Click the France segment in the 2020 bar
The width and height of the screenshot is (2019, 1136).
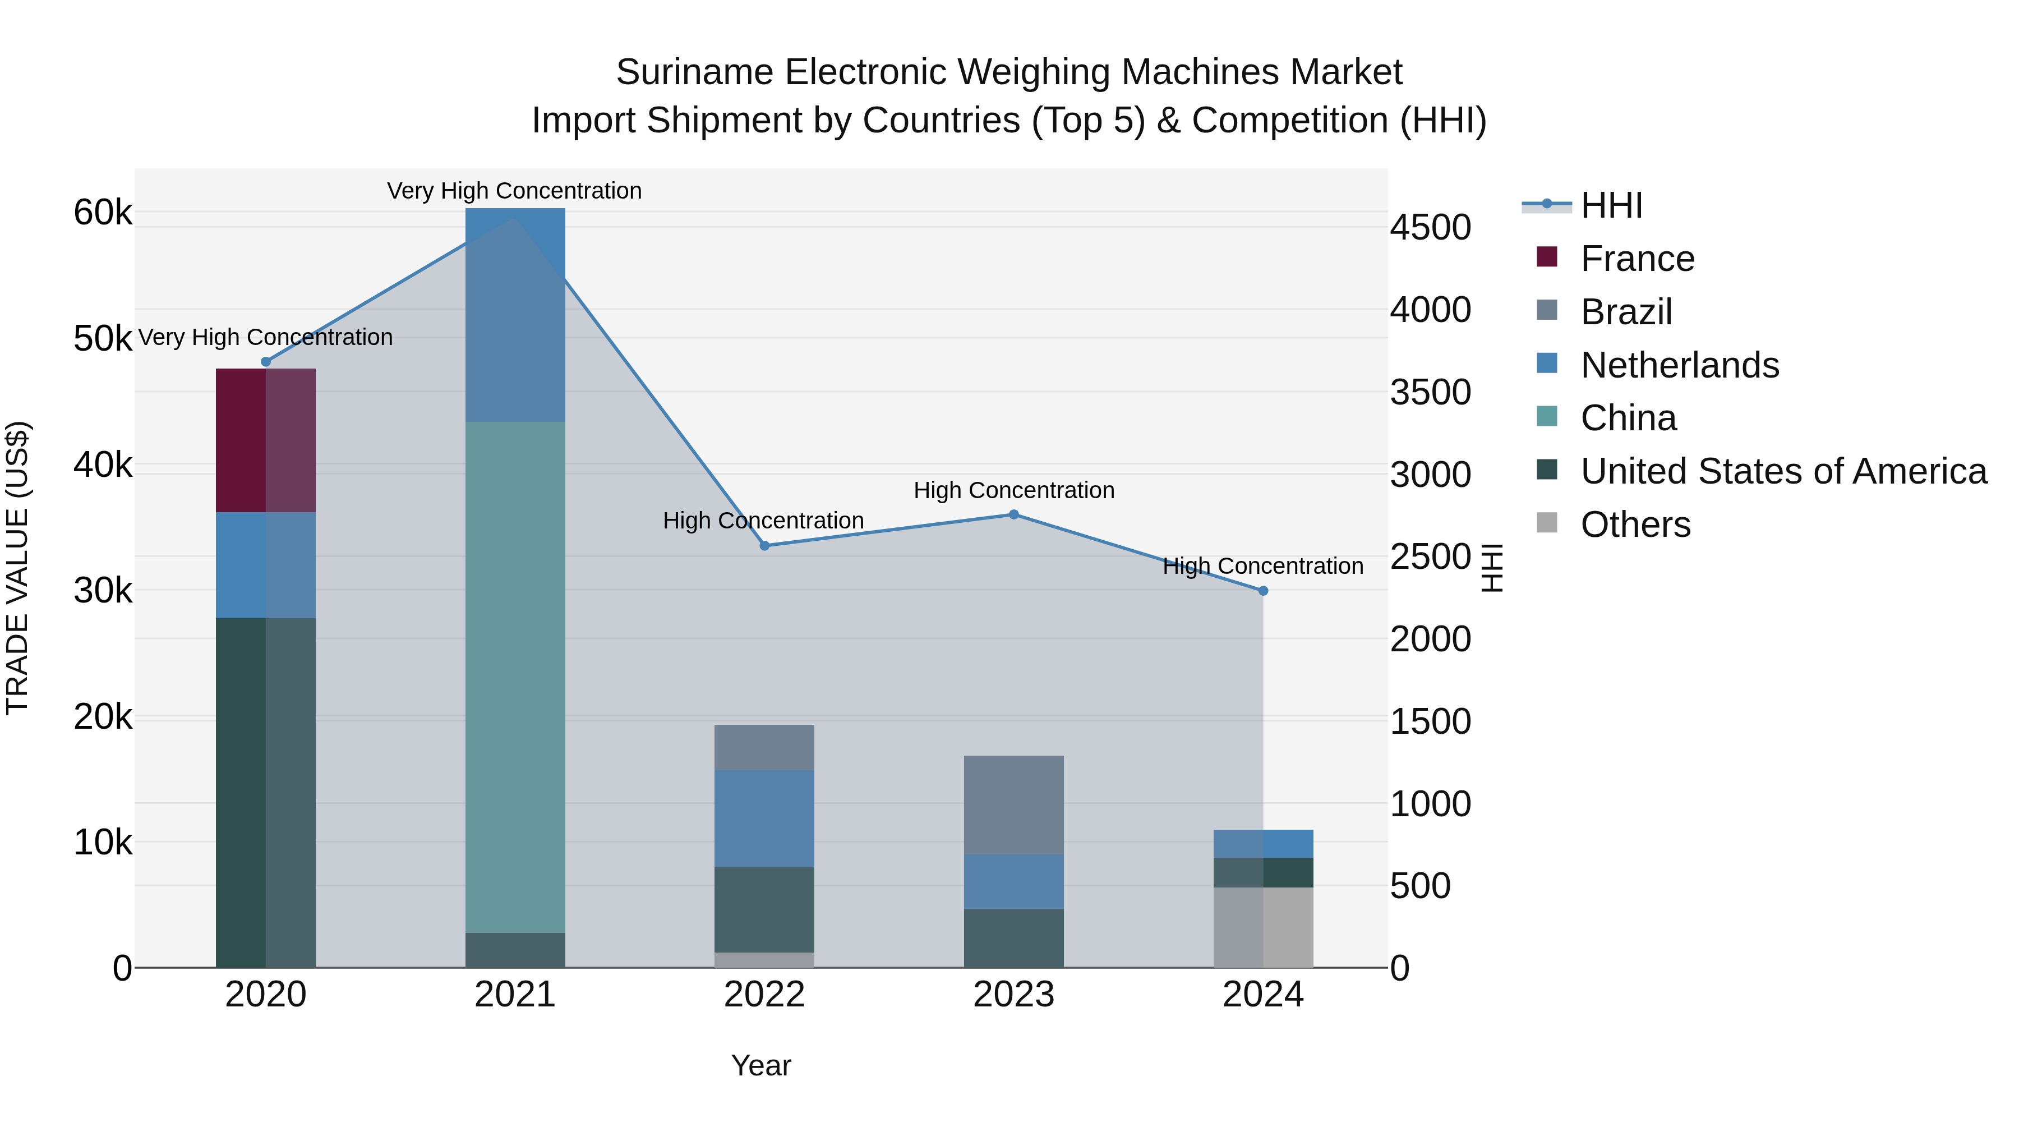pyautogui.click(x=266, y=440)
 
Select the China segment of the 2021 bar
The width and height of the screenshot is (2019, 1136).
pyautogui.click(x=515, y=677)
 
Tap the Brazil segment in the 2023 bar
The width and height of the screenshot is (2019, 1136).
pyautogui.click(x=1013, y=804)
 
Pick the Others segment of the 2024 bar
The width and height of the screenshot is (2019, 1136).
pyautogui.click(x=1262, y=927)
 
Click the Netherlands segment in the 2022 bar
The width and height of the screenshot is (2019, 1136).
pyautogui.click(x=764, y=818)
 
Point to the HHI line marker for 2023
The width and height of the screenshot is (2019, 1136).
pyautogui.click(x=1013, y=514)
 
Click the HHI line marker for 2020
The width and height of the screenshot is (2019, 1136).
pyautogui.click(x=266, y=361)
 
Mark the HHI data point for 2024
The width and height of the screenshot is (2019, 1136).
pyautogui.click(x=1262, y=590)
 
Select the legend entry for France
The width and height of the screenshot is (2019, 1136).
pyautogui.click(x=1637, y=259)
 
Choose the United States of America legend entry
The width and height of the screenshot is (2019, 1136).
pyautogui.click(x=1783, y=471)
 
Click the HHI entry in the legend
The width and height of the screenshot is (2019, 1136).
pyautogui.click(x=1611, y=205)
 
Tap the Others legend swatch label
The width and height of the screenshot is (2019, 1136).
pyautogui.click(x=1635, y=525)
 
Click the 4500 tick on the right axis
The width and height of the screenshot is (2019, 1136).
pyautogui.click(x=1430, y=227)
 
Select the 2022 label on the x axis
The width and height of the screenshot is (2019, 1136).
pyautogui.click(x=764, y=995)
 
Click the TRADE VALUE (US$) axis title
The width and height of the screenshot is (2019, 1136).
pyautogui.click(x=17, y=568)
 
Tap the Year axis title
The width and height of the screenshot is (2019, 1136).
pyautogui.click(x=761, y=1065)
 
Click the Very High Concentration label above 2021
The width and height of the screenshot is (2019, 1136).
pyautogui.click(x=514, y=191)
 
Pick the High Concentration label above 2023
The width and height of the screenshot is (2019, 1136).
pyautogui.click(x=1013, y=490)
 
